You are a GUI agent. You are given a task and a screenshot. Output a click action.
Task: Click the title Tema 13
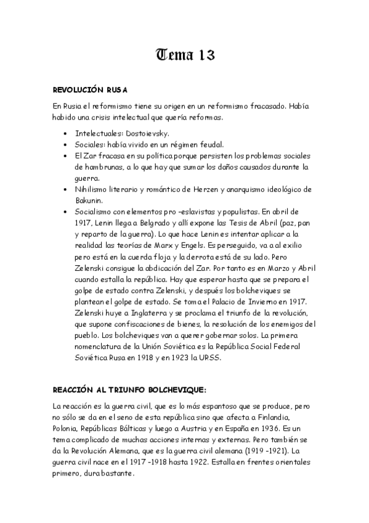pos(184,55)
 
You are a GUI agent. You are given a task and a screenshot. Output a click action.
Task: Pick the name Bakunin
pos(89,200)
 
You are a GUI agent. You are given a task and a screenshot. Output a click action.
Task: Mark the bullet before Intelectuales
pos(66,133)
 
